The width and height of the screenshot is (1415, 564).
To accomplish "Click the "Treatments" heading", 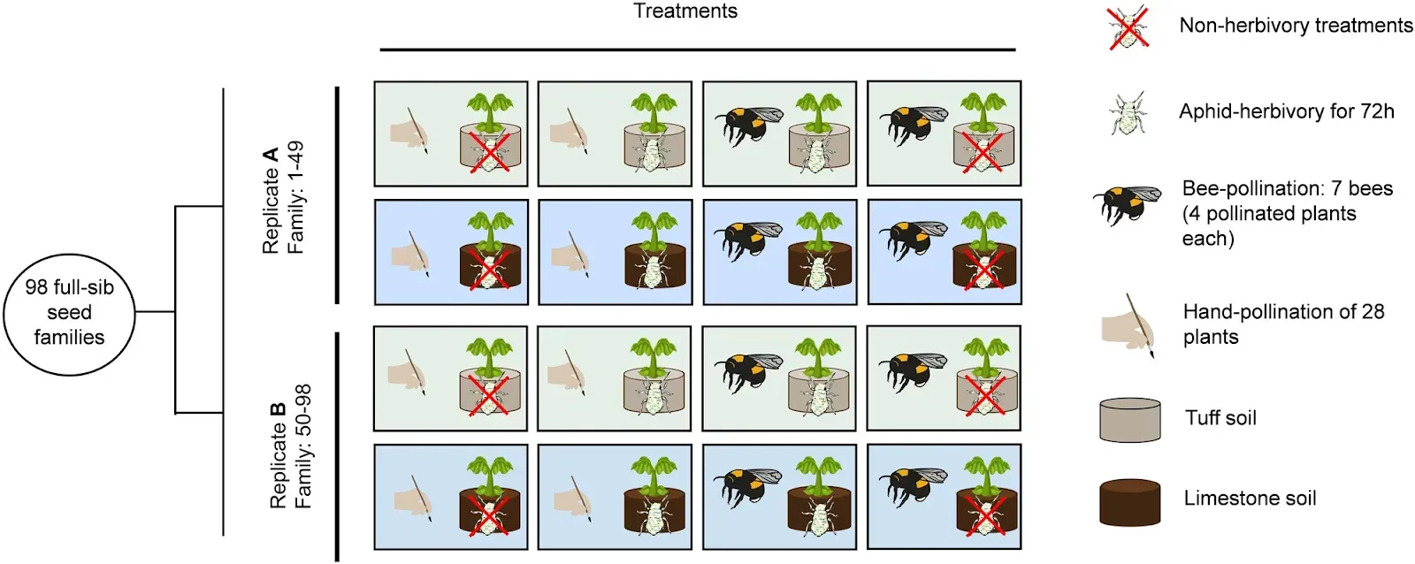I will point(685,11).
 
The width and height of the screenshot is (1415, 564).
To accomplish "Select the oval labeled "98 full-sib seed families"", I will point(69,312).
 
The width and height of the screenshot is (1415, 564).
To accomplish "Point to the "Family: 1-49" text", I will point(295,198).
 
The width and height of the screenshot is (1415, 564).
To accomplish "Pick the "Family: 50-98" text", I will point(302,446).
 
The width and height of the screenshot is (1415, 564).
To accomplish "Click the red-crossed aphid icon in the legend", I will point(1128,27).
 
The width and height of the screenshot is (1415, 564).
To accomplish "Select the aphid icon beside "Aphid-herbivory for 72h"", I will point(1128,112).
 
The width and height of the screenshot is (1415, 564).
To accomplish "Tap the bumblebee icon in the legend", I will point(1127,206).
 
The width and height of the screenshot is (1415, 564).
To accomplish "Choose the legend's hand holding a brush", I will point(1128,326).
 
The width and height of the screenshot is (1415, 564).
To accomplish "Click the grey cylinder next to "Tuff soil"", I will point(1129,420).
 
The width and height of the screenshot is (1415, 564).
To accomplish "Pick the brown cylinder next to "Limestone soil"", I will point(1129,501).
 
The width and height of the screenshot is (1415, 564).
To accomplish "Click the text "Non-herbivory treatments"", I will point(1296,26).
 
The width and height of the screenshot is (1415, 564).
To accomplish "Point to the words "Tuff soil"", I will point(1220,418).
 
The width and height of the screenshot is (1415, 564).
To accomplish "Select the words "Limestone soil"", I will point(1250,499).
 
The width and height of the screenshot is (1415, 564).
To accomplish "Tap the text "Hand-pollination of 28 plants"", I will point(1283,324).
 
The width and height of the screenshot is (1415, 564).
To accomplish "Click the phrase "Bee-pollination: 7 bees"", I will point(1287,188).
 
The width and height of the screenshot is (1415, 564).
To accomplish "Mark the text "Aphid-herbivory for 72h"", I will point(1286,111).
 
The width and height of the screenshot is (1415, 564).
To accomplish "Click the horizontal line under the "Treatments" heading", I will point(698,50).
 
